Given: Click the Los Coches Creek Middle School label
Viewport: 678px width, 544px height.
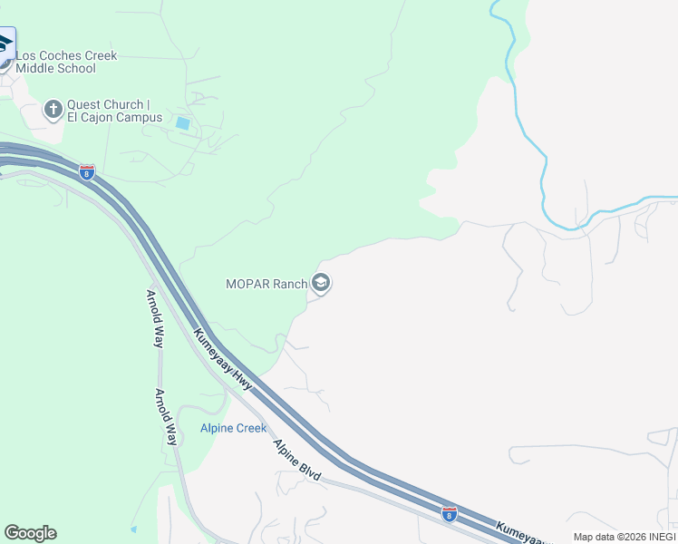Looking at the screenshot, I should (x=67, y=62).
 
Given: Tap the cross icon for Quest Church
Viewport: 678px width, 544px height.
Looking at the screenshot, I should (x=53, y=111).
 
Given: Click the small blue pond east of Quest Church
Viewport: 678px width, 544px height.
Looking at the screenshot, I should (x=183, y=123).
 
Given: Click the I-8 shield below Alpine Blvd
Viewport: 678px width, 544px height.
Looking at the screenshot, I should (x=450, y=513).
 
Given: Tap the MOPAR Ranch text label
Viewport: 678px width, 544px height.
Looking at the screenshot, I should (x=266, y=284).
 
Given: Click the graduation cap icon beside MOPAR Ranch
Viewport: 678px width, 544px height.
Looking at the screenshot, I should (x=320, y=284).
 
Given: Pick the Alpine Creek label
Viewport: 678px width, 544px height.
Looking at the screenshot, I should (x=234, y=428).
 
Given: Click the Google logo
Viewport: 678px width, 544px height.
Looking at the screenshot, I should (x=30, y=533).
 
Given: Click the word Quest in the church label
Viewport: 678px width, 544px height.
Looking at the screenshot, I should (x=84, y=104).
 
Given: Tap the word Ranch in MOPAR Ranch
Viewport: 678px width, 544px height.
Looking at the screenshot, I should (x=291, y=284).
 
